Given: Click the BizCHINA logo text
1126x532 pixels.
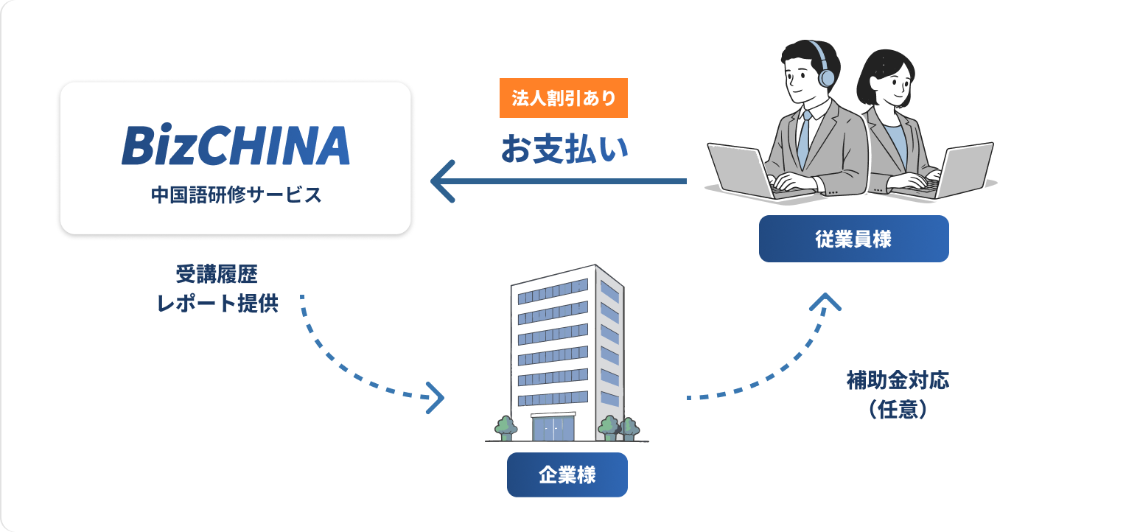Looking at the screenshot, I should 235,145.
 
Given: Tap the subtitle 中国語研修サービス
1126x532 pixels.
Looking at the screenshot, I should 236,195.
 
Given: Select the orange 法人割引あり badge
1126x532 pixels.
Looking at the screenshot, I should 563,98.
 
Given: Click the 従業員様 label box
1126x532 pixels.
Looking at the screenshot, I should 853,239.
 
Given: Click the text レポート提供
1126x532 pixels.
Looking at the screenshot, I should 217,304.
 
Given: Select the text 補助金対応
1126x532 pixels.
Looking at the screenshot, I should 898,380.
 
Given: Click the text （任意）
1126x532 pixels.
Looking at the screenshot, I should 898,410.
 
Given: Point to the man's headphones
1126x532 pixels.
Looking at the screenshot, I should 826,70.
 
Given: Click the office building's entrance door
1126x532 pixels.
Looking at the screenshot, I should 553,427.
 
